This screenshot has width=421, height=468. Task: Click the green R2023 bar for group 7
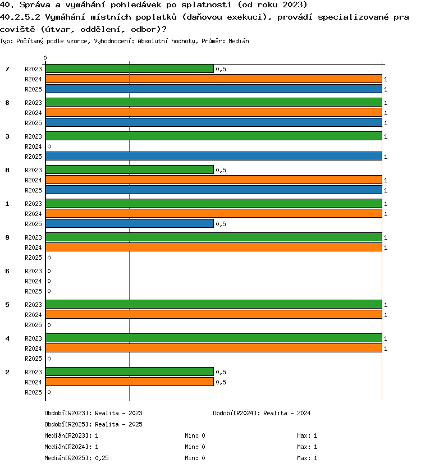pos(130,68)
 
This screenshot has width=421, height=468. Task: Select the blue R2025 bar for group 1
pos(130,223)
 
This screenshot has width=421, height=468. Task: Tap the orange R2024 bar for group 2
pos(130,382)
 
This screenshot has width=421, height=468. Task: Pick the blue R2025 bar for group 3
pos(214,156)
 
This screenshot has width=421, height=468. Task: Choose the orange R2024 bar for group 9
pos(214,247)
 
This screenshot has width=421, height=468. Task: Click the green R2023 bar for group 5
pos(214,305)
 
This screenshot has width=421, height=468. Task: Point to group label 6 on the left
pos(7,271)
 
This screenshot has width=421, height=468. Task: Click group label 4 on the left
pos(7,338)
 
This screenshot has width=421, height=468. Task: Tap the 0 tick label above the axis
pos(45,58)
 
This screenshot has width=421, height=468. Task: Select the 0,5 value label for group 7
pos(221,69)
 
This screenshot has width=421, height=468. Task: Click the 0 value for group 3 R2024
pos(49,146)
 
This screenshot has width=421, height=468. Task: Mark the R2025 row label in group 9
pos(33,258)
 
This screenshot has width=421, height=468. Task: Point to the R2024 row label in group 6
pos(33,281)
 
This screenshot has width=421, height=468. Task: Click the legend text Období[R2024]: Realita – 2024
pos(262,413)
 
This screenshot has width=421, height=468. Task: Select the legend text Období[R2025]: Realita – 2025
pos(93,424)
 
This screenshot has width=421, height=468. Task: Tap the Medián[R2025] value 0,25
pos(102,458)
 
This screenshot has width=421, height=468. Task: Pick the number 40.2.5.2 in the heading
pos(20,17)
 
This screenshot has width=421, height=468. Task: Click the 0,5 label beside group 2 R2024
pos(221,382)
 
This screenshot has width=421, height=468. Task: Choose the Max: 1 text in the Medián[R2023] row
pos(307,436)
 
